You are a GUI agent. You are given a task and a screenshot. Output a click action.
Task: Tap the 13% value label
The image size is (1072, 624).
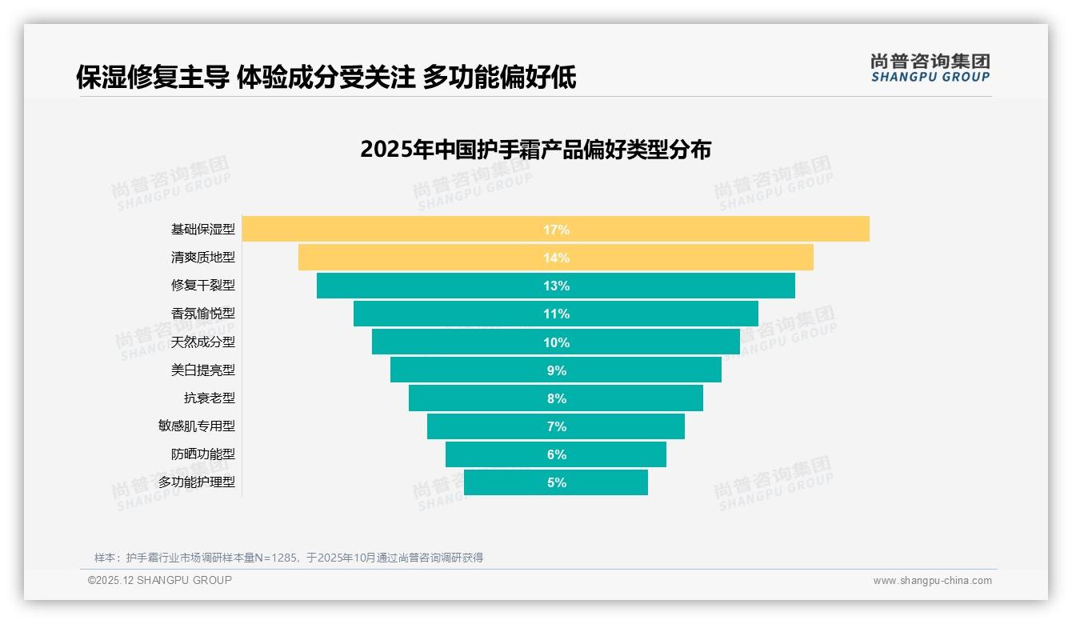[556, 286]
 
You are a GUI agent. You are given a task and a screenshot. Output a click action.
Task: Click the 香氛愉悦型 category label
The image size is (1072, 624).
[203, 314]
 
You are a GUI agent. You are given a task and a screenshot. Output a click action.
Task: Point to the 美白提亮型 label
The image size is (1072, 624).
[203, 370]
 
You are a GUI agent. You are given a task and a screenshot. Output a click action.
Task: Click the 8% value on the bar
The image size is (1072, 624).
[556, 398]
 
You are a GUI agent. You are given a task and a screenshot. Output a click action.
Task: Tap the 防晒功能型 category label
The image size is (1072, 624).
[203, 454]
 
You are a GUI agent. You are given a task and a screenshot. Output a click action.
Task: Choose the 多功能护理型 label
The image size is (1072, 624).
[197, 482]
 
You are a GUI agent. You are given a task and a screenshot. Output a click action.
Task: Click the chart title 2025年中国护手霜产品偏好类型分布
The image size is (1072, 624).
[535, 150]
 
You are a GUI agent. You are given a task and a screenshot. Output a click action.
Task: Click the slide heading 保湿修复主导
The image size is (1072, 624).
[326, 78]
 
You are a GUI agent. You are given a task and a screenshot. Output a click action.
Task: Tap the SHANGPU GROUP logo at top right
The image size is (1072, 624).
[930, 68]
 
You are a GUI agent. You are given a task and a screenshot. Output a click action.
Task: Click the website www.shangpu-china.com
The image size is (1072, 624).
[932, 581]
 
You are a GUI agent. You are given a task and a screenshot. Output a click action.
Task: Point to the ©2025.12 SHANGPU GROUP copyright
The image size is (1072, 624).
[160, 580]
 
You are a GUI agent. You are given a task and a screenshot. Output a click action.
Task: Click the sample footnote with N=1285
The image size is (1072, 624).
[289, 558]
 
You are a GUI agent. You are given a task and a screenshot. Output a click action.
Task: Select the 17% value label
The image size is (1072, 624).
[556, 230]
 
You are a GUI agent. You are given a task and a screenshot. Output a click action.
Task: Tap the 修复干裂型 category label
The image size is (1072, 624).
[203, 286]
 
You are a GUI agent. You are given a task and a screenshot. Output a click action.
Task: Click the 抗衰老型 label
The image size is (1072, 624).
[210, 398]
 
